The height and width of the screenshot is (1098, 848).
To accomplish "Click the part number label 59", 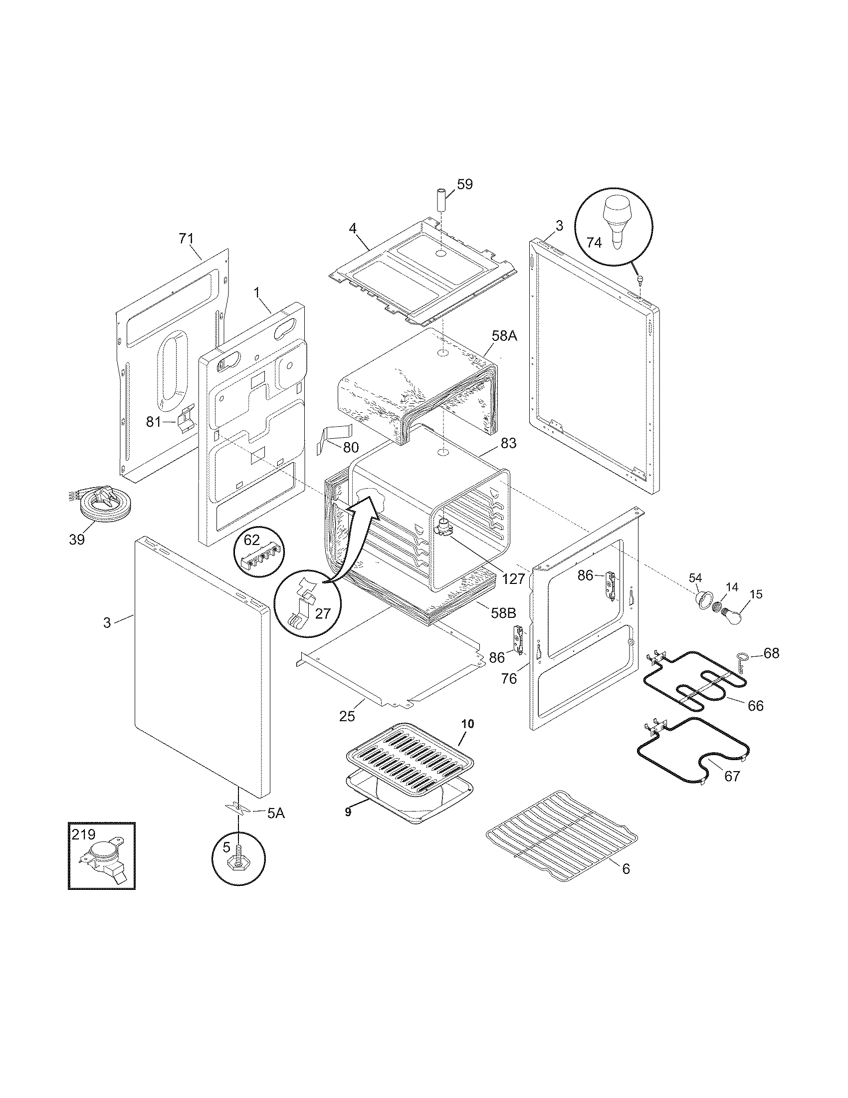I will (465, 185).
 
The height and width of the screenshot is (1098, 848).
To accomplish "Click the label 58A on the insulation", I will (504, 336).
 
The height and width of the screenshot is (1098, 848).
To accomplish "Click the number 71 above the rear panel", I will (186, 238).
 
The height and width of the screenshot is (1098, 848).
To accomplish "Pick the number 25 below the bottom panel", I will (347, 715).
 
